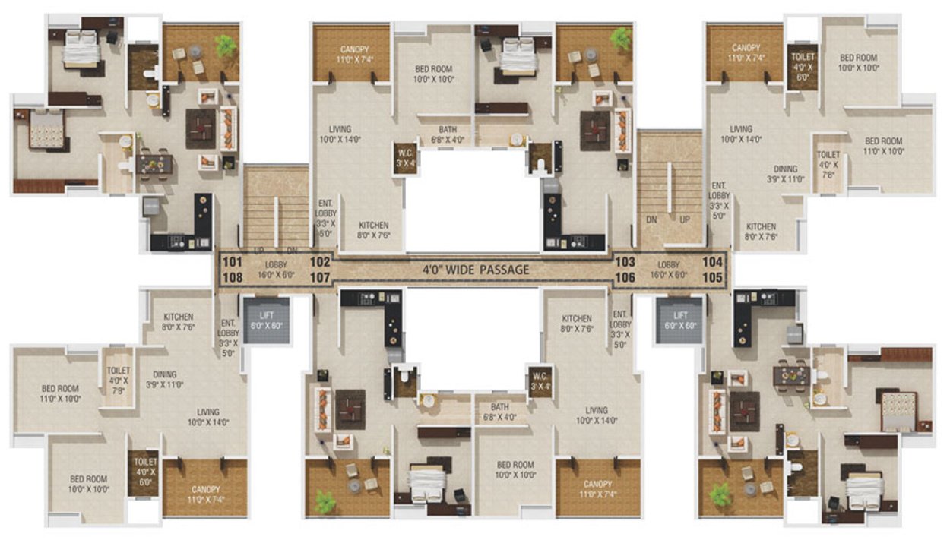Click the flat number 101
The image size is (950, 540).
coord(233,261)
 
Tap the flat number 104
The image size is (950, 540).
coord(712,261)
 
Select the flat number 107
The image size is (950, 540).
coord(320,277)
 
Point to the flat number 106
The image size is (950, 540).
coord(625,277)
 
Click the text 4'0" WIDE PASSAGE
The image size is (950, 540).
coord(476,269)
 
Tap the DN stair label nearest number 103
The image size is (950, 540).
coord(651,219)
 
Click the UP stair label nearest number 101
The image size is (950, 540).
coord(259,250)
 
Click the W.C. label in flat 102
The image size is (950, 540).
coord(405,156)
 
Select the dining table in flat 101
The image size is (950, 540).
coord(155,163)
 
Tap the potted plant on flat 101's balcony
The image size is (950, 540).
coord(225,46)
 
